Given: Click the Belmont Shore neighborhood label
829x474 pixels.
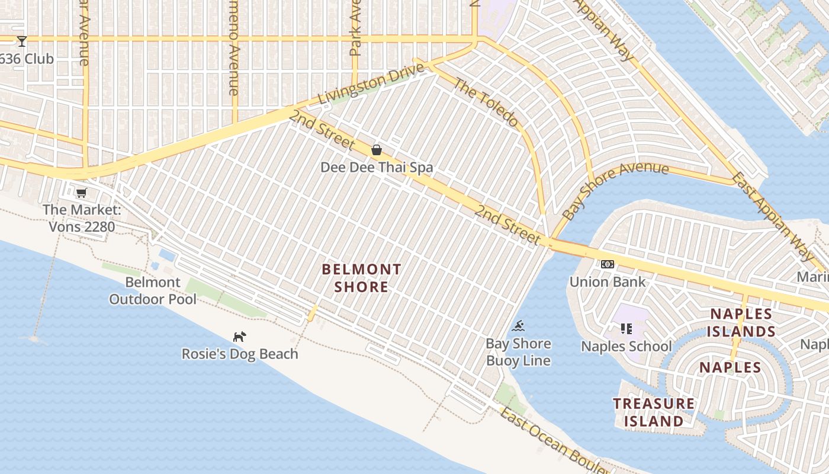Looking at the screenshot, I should point(361,278).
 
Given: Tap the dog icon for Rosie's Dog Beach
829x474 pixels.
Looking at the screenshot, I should point(239,337).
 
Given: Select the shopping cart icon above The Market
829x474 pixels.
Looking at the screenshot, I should point(82,193).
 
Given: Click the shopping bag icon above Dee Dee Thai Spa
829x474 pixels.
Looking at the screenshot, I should point(376,150).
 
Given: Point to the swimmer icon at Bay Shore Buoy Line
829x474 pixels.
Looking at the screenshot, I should point(519,326).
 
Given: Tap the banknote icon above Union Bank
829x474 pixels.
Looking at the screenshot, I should point(608,264).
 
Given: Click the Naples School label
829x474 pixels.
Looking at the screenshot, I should point(626,346).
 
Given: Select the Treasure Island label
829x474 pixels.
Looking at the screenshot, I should point(654,412).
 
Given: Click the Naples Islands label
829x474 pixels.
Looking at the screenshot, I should point(742,322).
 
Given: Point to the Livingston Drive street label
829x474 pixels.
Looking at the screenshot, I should point(371,85).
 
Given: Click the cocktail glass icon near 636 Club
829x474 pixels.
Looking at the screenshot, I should point(22,41).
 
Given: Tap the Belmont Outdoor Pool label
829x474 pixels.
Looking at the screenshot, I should point(153,290).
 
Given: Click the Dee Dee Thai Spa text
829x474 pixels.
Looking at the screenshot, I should point(377,168).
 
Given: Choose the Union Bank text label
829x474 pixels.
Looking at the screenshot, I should point(608,281).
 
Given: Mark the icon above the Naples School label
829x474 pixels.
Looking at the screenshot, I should point(626,328).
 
